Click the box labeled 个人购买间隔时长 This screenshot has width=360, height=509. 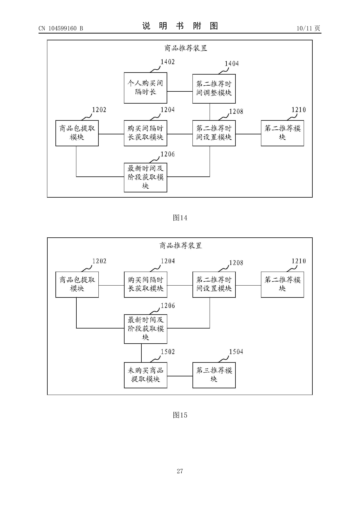tap(145, 88)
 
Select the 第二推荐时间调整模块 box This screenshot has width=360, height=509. tap(214, 89)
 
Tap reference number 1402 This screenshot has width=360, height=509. tap(168, 62)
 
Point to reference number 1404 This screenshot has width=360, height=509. tap(232, 64)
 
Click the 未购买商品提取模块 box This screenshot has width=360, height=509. tap(145, 375)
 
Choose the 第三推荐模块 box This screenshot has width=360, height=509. tap(214, 375)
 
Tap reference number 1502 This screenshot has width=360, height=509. tap(168, 352)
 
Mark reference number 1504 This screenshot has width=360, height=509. tap(236, 352)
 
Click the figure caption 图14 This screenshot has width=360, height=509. tap(180, 218)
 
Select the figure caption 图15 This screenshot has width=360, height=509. tap(180, 415)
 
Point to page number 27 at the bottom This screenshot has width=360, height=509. tap(180, 471)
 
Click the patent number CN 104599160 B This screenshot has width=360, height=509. tap(61, 28)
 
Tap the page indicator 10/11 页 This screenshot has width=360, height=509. tap(308, 28)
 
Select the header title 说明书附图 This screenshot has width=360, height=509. tap(180, 26)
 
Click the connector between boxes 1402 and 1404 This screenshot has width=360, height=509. tap(180, 91)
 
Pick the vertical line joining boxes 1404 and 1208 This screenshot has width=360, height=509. tap(210, 112)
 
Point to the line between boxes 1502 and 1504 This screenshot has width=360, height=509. tap(180, 376)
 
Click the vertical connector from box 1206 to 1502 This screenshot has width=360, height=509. tap(141, 353)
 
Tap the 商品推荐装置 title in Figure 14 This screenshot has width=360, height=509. tap(186, 48)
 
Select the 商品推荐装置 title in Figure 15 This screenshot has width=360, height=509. tap(181, 246)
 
